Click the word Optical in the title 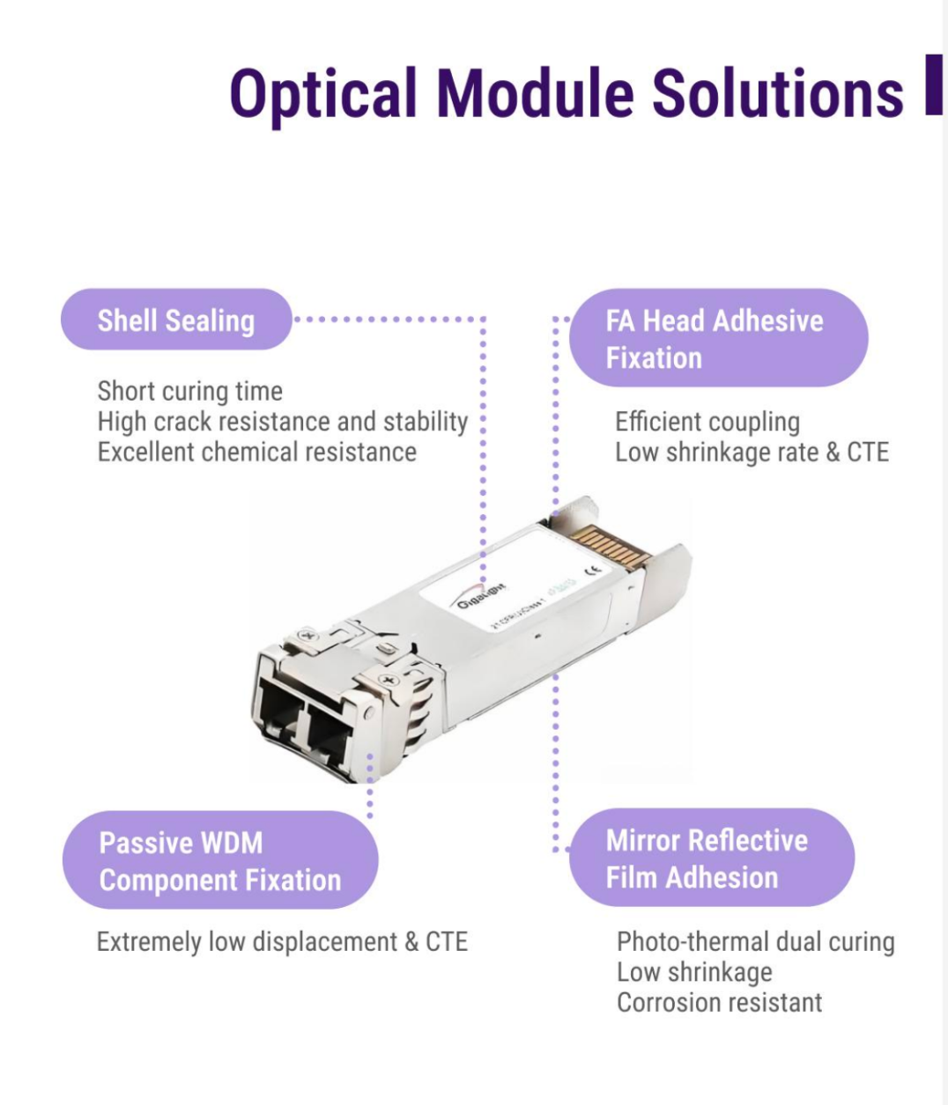(x=322, y=92)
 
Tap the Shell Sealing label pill (x=175, y=320)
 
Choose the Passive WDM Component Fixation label (x=219, y=861)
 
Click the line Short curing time (x=190, y=391)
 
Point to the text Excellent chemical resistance (x=257, y=452)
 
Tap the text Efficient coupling (x=707, y=422)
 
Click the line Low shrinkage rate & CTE (x=752, y=453)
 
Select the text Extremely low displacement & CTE (x=282, y=942)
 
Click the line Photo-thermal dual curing (x=755, y=942)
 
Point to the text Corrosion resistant (x=719, y=1002)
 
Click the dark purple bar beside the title (x=934, y=85)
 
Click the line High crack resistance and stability (x=282, y=422)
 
